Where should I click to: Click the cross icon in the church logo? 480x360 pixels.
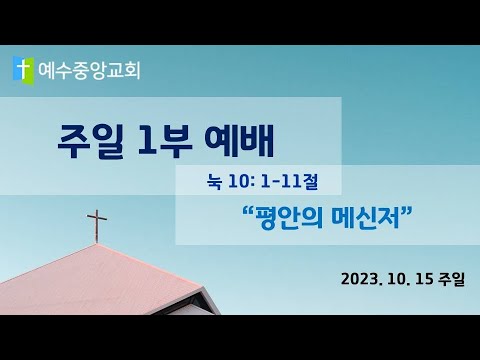(x=23, y=69)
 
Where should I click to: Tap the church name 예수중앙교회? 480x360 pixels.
(x=89, y=71)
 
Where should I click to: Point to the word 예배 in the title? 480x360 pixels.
(x=239, y=141)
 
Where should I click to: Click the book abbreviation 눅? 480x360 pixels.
(x=214, y=182)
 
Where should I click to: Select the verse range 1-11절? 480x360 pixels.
(x=289, y=182)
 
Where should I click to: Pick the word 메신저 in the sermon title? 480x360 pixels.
(x=366, y=218)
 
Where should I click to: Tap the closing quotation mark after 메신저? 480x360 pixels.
(x=406, y=211)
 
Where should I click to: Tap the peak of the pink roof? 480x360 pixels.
(x=96, y=244)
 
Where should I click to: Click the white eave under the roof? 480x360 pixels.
(x=192, y=302)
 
